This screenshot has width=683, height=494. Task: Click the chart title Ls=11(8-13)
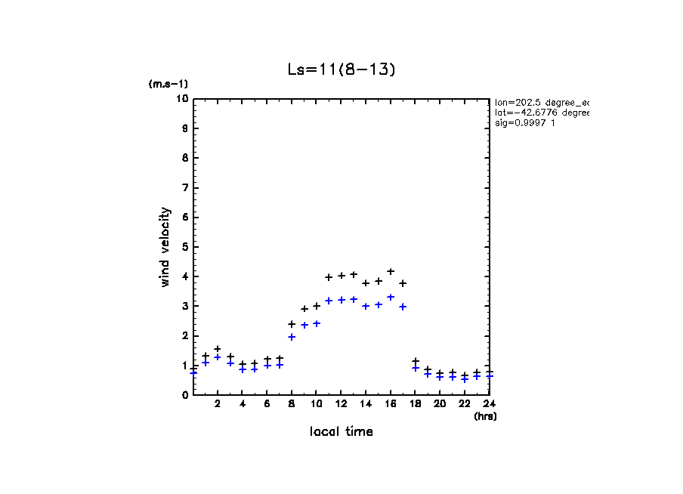[341, 69]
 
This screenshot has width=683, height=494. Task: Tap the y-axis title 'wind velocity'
[165, 247]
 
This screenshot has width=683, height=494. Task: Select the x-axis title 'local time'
[341, 431]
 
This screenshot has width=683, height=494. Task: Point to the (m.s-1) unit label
[168, 84]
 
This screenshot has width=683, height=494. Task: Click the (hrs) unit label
[485, 416]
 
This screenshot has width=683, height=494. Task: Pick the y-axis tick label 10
[181, 99]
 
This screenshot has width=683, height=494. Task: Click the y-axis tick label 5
[184, 247]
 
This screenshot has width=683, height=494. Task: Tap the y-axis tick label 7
[184, 188]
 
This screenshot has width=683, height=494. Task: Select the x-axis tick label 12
[341, 404]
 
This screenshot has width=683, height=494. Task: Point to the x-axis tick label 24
[489, 404]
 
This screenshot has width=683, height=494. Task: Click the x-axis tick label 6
[267, 404]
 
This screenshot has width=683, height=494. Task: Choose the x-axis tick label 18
[415, 404]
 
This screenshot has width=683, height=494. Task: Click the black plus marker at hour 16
[391, 271]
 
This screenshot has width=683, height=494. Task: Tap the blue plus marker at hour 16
[391, 297]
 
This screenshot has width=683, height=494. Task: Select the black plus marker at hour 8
[292, 324]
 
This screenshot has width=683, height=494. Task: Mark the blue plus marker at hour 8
[292, 337]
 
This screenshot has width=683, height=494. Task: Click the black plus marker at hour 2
[218, 349]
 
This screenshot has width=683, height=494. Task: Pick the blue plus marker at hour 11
[329, 301]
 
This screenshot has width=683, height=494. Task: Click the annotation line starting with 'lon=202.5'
[541, 102]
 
